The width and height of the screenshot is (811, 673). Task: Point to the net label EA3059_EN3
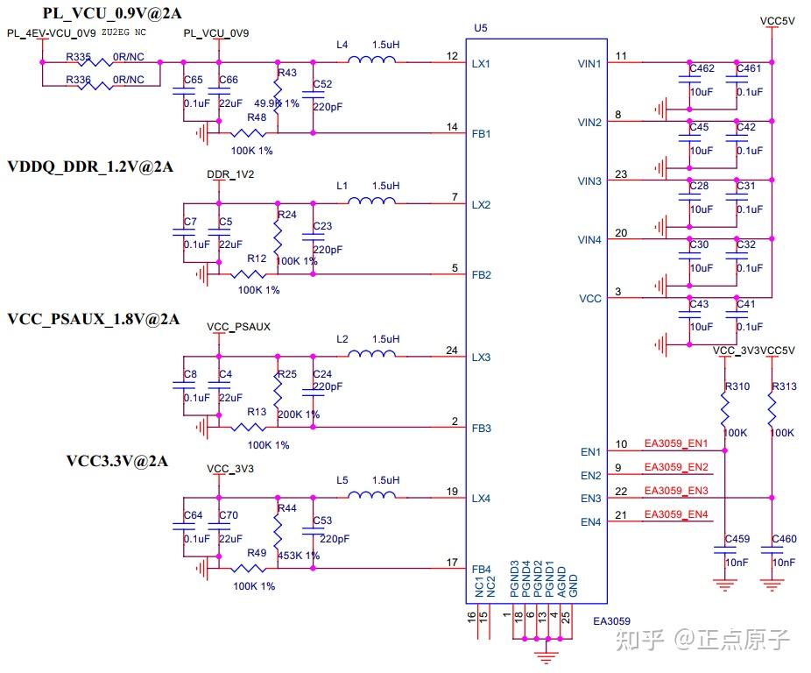point(675,492)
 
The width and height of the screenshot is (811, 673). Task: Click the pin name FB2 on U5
point(481,275)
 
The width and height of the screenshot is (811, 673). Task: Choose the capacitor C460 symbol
point(772,549)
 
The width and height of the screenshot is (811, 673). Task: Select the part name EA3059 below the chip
point(611,621)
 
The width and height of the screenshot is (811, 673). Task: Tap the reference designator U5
point(479,28)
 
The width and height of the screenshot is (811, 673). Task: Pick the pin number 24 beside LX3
point(452,351)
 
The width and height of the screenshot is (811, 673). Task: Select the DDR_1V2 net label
point(230,174)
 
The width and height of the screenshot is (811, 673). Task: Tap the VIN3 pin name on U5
point(589,181)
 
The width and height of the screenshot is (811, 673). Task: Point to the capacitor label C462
point(702,68)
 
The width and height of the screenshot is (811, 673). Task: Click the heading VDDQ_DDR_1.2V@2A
point(90,166)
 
